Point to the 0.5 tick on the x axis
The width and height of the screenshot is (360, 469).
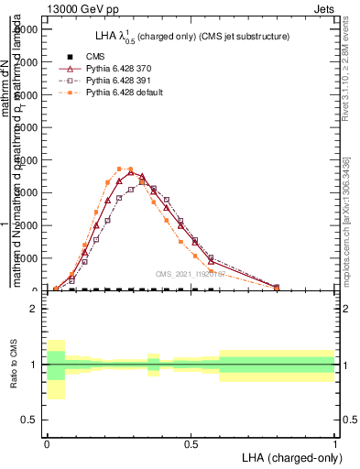click(191, 442)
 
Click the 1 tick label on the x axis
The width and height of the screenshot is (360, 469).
click(334, 442)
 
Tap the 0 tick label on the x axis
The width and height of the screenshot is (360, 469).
click(47, 442)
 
